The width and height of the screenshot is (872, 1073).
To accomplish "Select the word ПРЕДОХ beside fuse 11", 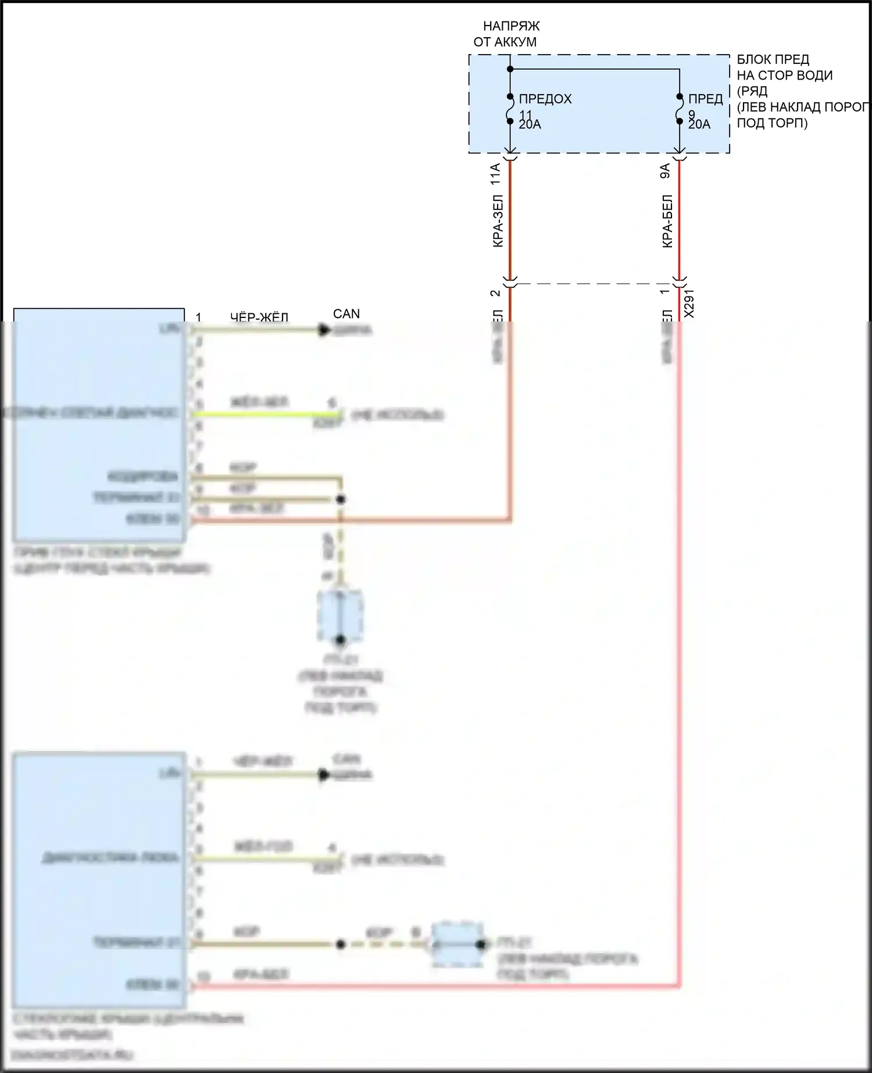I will (x=545, y=99).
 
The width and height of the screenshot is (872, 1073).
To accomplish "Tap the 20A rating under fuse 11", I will (x=530, y=124).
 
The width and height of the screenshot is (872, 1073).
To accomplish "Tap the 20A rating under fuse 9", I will (x=699, y=124).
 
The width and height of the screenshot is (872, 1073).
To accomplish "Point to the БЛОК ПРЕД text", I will (x=773, y=59).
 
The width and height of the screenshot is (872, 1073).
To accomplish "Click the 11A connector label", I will (x=496, y=174).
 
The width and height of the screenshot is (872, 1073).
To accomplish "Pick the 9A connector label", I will (x=666, y=171).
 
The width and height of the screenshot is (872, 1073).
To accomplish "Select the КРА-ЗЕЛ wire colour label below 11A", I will (x=498, y=221).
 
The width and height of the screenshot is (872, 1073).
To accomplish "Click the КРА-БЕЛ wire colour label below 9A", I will (x=667, y=221).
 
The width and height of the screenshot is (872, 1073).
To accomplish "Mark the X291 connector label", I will (x=689, y=303).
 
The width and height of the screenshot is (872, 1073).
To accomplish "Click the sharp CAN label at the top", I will (x=346, y=314).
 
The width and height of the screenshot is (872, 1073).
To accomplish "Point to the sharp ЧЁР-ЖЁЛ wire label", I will (x=259, y=317).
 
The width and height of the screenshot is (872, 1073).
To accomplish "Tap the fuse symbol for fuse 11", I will (x=510, y=109).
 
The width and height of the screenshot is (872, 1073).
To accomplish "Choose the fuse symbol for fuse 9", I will (x=680, y=109).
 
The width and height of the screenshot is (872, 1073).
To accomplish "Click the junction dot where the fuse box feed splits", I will (x=510, y=69).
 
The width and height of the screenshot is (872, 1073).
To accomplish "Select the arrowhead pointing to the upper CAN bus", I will (x=324, y=330).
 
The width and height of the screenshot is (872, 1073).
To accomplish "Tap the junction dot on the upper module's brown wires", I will (x=341, y=499).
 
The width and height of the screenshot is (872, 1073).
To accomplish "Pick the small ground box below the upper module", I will (x=341, y=616).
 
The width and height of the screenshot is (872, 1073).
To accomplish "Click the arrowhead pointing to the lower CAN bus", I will (x=324, y=775).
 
